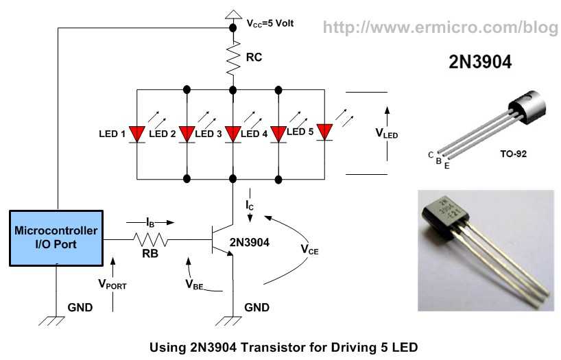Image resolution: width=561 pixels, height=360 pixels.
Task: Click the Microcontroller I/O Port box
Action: tap(56, 239)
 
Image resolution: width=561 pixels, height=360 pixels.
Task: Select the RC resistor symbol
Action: tap(233, 58)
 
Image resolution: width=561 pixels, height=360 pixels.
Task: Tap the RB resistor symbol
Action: tap(150, 239)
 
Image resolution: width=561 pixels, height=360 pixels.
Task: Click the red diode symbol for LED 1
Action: tap(137, 134)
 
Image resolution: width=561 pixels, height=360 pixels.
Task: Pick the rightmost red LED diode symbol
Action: tap(324, 132)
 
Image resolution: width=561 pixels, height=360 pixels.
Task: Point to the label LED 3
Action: tap(208, 134)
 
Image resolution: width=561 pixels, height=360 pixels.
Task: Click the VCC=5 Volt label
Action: tap(270, 23)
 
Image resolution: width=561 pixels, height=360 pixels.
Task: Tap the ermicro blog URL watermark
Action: tap(440, 27)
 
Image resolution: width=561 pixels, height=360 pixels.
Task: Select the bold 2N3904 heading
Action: tap(480, 62)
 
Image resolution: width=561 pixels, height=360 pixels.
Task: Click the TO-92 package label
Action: tap(514, 154)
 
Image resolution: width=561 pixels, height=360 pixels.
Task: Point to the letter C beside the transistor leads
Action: tap(431, 155)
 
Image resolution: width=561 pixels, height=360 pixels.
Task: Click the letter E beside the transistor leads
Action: tap(447, 166)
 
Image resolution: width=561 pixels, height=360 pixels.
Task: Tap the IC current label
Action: tap(250, 206)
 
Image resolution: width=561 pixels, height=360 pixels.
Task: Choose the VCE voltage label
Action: tap(309, 250)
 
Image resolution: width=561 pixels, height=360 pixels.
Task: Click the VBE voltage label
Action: tap(194, 285)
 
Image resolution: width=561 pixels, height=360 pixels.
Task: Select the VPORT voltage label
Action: tap(112, 285)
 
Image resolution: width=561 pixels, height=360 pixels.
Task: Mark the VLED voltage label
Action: tap(386, 134)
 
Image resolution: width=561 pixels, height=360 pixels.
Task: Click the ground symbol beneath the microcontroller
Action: tap(52, 321)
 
